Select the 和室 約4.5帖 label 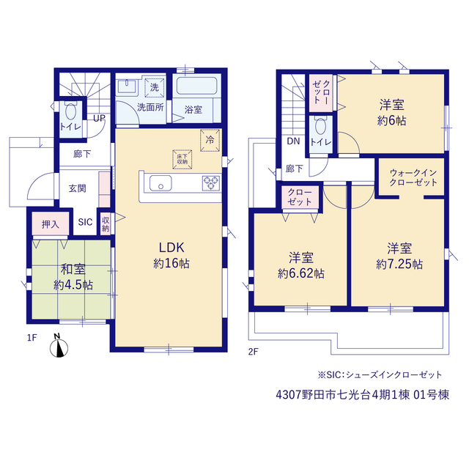point(73,277)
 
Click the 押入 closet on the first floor point(51,224)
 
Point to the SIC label point(85,222)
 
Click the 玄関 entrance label point(78,188)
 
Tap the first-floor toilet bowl point(71,111)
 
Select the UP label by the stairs point(100,118)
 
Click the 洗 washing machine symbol point(155,87)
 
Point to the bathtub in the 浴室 point(197,86)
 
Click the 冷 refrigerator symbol point(210,140)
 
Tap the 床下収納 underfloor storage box point(182,160)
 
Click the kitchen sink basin point(160,183)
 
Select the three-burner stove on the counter point(211,183)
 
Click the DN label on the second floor point(293,141)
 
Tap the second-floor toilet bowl point(321,127)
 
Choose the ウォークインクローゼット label point(413,177)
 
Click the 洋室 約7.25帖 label point(399,256)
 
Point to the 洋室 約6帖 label point(392,112)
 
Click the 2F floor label point(253,352)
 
